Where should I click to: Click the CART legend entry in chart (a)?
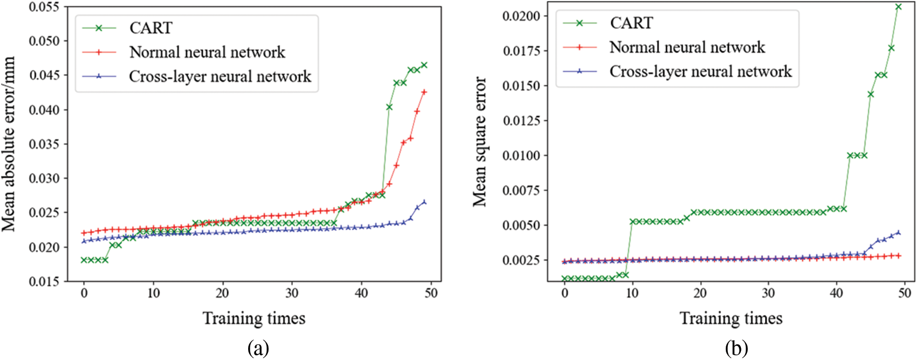coord(150,28)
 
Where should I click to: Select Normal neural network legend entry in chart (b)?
coord(687,48)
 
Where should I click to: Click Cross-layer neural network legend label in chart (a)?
coord(220,77)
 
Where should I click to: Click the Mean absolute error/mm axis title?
coord(9,144)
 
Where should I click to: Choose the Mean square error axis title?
coord(479,142)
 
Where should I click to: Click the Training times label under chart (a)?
coord(254,318)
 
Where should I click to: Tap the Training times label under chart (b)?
coord(731,318)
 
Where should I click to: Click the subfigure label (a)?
coord(259,348)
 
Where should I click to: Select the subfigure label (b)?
coord(736,348)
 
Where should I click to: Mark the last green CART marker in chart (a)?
coord(424,65)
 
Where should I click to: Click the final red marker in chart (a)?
coord(424,92)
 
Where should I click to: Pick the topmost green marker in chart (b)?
coord(899,7)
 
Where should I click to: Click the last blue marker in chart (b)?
coord(899,233)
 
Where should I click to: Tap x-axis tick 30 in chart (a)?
coord(292,293)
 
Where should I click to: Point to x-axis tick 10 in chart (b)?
coord(632,293)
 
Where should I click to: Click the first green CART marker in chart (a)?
coord(84,260)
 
